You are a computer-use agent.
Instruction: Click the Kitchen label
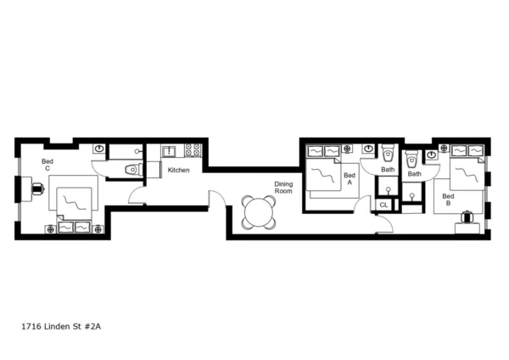pyautogui.click(x=178, y=171)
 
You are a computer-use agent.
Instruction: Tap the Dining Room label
pyautogui.click(x=282, y=188)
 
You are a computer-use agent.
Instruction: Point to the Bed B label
pyautogui.click(x=447, y=200)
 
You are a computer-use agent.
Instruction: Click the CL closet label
pyautogui.click(x=383, y=205)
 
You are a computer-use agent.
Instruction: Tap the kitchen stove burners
pyautogui.click(x=193, y=150)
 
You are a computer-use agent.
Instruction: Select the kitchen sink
pyautogui.click(x=168, y=151)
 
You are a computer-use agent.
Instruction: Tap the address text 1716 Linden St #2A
pyautogui.click(x=66, y=325)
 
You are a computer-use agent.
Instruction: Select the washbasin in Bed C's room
pyautogui.click(x=98, y=149)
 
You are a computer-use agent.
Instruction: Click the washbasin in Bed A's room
pyautogui.click(x=367, y=149)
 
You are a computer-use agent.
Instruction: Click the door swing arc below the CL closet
pyautogui.click(x=384, y=224)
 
